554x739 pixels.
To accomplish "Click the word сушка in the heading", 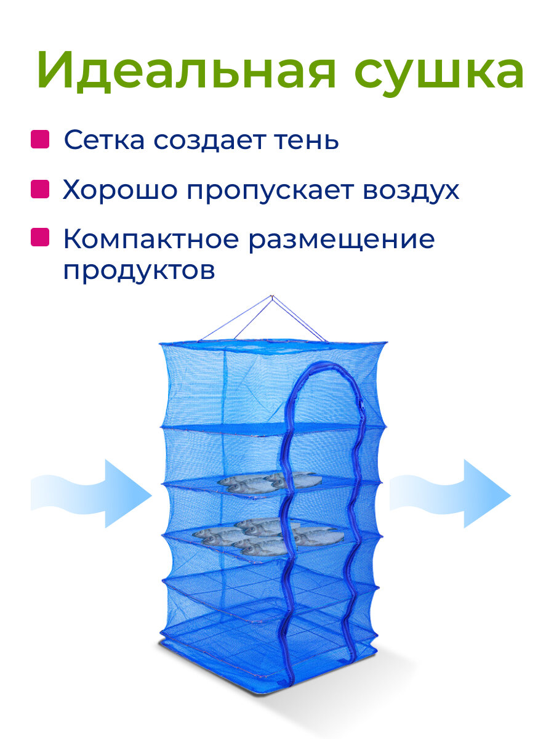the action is (438, 73).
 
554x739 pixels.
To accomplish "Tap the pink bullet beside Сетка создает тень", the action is (40, 140).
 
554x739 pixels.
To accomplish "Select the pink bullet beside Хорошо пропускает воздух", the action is (40, 189).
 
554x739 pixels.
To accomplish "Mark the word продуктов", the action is (139, 271).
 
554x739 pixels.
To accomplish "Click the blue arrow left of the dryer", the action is (92, 493).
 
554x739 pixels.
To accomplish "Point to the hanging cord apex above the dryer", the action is (271, 297).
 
